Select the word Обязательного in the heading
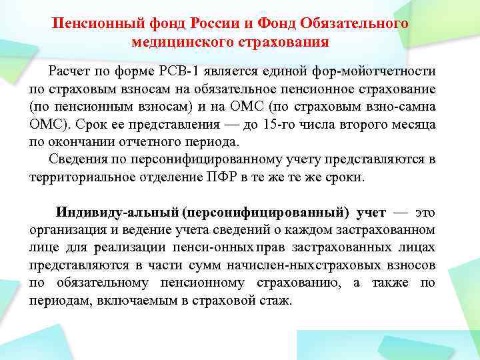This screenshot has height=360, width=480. coord(353,23)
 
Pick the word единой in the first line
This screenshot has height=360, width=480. coord(303,71)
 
